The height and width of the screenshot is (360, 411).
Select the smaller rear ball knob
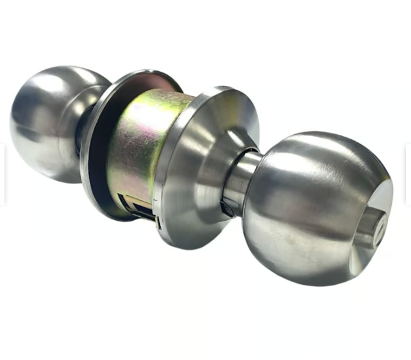coord(45,122)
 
